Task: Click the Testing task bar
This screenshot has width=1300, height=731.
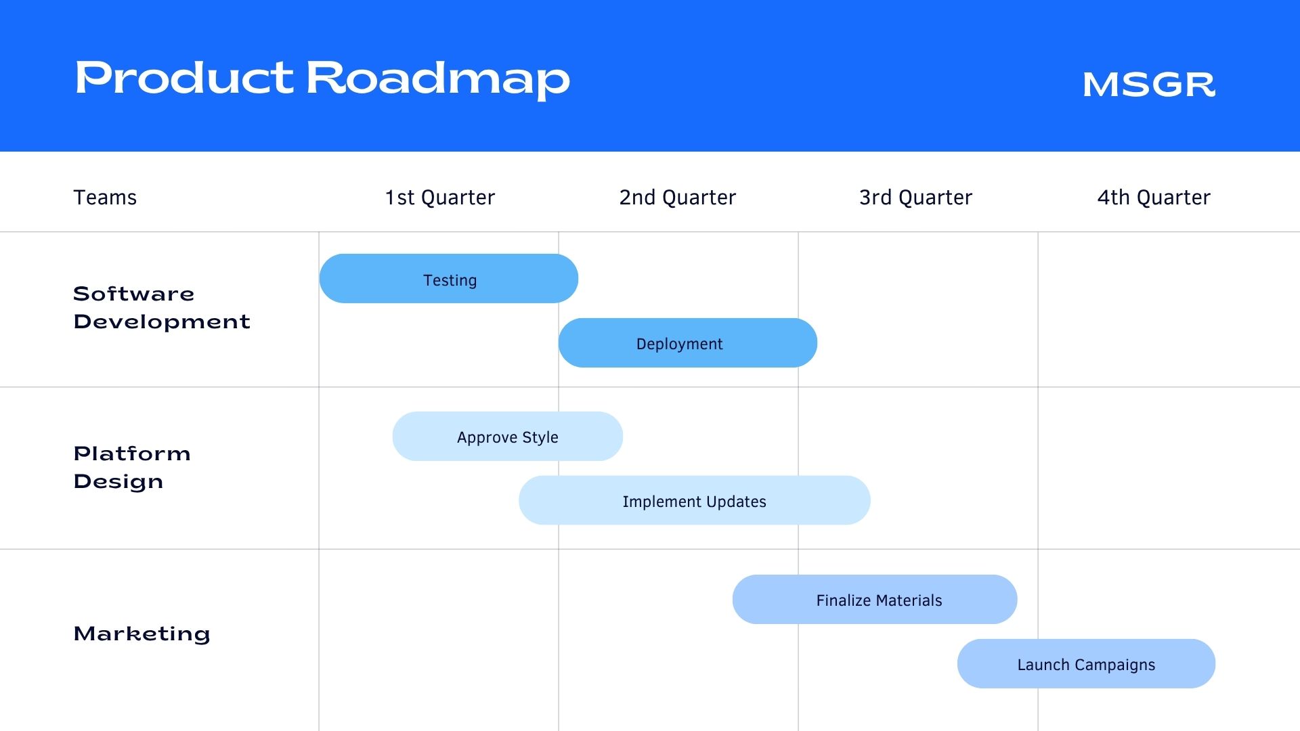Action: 449,278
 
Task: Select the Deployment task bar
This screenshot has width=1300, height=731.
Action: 688,342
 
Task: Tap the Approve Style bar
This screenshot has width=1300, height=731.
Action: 508,436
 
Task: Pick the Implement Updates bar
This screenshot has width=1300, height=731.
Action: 695,500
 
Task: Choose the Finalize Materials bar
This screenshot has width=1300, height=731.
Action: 875,599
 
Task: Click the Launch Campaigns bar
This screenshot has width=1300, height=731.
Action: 1086,663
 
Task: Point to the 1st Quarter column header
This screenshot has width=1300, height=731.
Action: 440,197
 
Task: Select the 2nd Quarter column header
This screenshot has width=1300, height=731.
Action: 678,197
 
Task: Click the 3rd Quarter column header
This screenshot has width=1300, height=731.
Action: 915,197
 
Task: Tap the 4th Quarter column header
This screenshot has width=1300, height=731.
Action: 1154,197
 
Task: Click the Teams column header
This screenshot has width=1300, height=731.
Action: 105,197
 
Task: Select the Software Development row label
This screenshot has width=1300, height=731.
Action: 162,307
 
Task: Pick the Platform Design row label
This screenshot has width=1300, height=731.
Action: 132,467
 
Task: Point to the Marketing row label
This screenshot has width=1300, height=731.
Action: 142,634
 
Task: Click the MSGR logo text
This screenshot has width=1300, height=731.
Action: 1149,85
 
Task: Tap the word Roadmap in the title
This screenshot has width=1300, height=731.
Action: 438,79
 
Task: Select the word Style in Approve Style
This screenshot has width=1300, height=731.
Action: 540,437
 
